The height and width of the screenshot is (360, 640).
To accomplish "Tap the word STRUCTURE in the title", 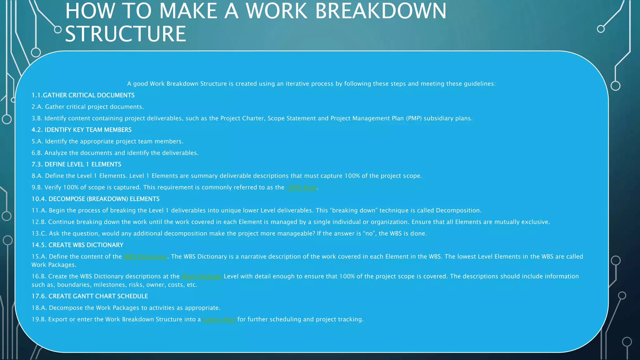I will coord(125,34).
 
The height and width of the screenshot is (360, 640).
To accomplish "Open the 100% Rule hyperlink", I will coord(302,187).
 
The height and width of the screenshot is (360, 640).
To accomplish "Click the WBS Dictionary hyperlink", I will coord(145,257).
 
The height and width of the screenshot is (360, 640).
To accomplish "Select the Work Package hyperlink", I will coord(202,277).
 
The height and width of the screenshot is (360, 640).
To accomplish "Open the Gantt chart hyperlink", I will coord(219,319).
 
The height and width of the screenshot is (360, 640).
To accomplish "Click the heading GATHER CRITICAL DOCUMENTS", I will coord(88,95).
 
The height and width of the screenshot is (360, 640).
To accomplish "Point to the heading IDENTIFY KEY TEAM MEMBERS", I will coord(88,130).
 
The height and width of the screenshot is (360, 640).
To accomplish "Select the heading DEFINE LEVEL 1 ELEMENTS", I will coord(83,164).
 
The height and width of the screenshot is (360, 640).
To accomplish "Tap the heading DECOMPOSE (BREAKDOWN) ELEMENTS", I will coord(104,199).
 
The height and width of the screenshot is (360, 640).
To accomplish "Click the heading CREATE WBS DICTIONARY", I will coord(86,245).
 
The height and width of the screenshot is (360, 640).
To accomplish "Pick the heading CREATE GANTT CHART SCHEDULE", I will coord(98,296).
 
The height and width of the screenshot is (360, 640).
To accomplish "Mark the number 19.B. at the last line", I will coord(39,319).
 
